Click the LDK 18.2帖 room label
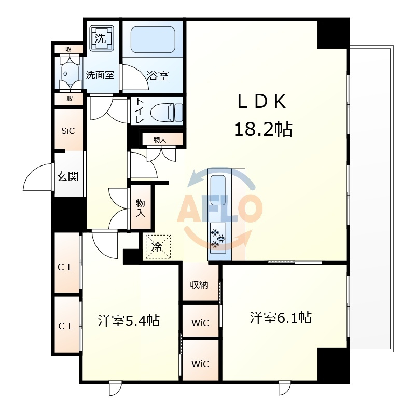click(x=263, y=115)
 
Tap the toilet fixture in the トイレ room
click(x=166, y=112)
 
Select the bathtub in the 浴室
click(x=153, y=40)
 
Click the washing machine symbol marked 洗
click(x=102, y=38)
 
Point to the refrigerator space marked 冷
click(x=158, y=247)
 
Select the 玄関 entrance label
click(x=68, y=176)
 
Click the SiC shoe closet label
click(x=68, y=131)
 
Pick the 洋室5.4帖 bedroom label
click(x=129, y=321)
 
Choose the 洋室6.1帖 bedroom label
click(x=281, y=317)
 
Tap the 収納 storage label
click(x=199, y=285)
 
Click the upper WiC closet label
click(x=200, y=323)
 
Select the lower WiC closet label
click(x=200, y=364)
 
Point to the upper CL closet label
click(x=65, y=267)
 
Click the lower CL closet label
click(x=65, y=326)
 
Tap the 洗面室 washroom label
click(x=100, y=75)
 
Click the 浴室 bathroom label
click(x=158, y=76)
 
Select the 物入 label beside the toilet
click(x=160, y=140)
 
